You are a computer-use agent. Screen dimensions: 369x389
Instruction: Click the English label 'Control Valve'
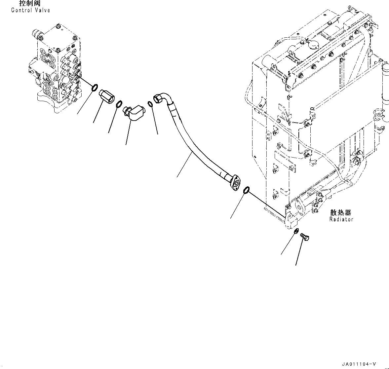point(30,10)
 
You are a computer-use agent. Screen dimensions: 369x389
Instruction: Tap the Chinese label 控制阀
point(30,4)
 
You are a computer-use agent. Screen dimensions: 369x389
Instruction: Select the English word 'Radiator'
point(341,219)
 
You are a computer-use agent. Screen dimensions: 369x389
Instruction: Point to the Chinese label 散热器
point(340,212)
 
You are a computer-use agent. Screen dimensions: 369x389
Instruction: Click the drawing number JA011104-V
point(359,364)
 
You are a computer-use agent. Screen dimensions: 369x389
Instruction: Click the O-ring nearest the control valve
point(94,88)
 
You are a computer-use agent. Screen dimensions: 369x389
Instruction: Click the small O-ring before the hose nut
point(150,104)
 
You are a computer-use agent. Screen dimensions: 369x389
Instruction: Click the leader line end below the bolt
point(296,265)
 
